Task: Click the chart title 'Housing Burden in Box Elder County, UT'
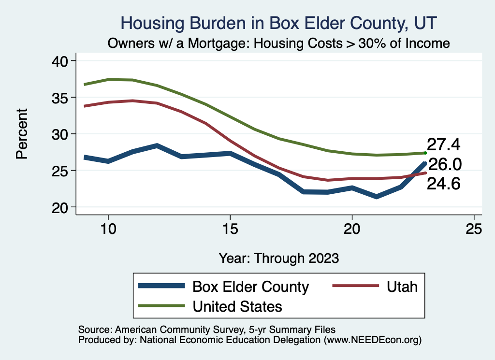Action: pyautogui.click(x=279, y=23)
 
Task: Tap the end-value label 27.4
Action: pyautogui.click(x=443, y=144)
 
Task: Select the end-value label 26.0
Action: pyautogui.click(x=445, y=165)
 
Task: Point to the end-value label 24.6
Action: pyautogui.click(x=443, y=184)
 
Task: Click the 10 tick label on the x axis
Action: pyautogui.click(x=108, y=229)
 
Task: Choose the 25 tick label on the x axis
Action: pyautogui.click(x=474, y=229)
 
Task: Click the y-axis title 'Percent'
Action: pyautogui.click(x=22, y=134)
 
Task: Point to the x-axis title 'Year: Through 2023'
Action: pyautogui.click(x=279, y=258)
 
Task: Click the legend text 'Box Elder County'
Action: pyautogui.click(x=250, y=287)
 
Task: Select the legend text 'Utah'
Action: pyautogui.click(x=402, y=287)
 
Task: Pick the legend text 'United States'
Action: pyautogui.click(x=237, y=306)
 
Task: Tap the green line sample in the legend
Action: pyautogui.click(x=162, y=306)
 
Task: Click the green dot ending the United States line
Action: pyautogui.click(x=425, y=153)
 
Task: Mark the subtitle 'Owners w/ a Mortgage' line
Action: pyautogui.click(x=279, y=43)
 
